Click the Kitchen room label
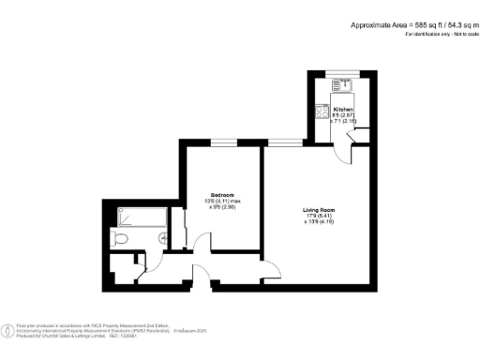click(x=343, y=110)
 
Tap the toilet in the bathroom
click(x=117, y=241)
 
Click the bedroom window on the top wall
click(x=223, y=142)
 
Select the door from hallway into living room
click(x=272, y=267)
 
